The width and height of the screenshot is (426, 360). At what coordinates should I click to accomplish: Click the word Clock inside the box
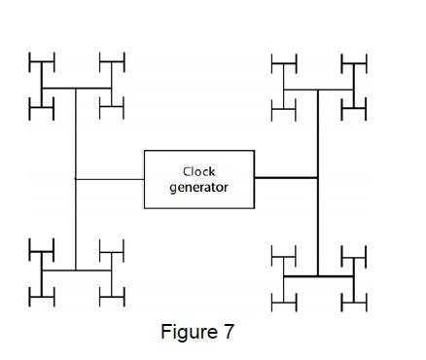[x=198, y=172]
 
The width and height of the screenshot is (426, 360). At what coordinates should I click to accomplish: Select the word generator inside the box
[x=198, y=187]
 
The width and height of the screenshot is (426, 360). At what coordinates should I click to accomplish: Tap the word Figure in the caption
[x=187, y=332]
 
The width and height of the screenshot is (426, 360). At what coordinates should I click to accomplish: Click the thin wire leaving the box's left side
[x=110, y=179]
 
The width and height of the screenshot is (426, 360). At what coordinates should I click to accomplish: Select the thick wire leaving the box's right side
[x=286, y=178]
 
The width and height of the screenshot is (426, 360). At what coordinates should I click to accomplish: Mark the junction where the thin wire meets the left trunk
[x=75, y=179]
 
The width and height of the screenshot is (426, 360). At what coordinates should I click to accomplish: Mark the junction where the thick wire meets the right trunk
[x=318, y=178]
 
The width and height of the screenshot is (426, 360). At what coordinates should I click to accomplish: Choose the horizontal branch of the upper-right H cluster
[x=336, y=90]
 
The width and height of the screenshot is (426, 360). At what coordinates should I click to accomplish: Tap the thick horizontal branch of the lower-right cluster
[x=302, y=276]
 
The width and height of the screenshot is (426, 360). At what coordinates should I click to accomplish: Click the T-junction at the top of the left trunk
[x=75, y=89]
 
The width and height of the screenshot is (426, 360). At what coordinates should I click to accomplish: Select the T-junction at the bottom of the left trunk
[x=75, y=270]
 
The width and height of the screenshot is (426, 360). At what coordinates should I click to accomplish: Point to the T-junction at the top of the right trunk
[x=318, y=90]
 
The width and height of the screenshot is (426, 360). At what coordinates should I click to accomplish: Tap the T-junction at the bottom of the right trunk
[x=318, y=276]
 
